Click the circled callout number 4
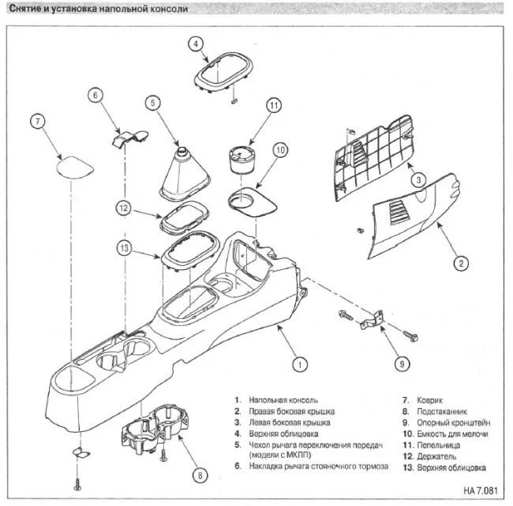point(196,43)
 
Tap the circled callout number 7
point(38,122)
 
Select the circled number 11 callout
point(274,106)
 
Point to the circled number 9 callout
point(402,364)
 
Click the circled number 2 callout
point(461,263)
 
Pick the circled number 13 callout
point(125,248)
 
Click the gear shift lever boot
point(185,174)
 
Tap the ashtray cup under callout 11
point(242,159)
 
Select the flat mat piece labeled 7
point(75,167)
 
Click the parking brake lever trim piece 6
point(129,138)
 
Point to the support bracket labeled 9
point(372,320)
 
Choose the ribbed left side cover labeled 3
point(373,157)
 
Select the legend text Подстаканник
point(442,411)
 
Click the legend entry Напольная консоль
point(283,400)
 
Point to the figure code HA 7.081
point(481,491)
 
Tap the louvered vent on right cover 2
point(400,213)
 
